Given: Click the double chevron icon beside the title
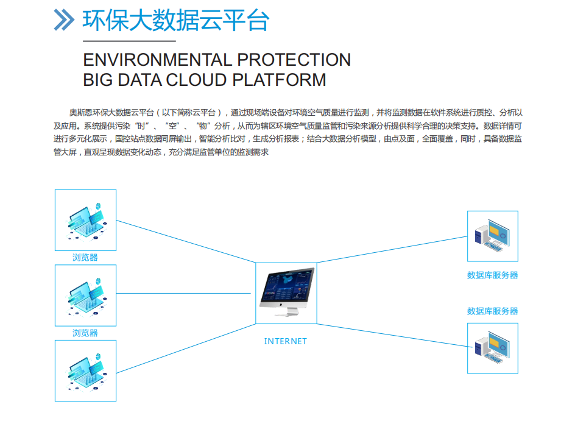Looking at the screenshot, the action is (64, 19).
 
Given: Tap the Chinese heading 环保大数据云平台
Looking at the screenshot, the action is (176, 20).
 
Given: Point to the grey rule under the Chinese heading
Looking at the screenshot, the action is (130, 41).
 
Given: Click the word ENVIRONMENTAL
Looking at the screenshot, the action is (157, 60).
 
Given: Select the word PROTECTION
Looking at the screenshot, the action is (294, 60).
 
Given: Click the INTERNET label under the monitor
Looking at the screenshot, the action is (285, 341).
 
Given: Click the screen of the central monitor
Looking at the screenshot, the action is (287, 286).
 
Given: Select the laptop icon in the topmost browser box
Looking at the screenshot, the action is (86, 221).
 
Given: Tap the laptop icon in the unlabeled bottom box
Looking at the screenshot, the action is (86, 372).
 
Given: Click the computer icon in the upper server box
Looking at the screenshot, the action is (492, 235).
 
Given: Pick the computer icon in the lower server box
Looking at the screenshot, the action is (492, 348).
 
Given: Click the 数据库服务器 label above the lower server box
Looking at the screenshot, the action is (493, 311).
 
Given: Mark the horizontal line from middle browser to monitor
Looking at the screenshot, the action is (183, 293).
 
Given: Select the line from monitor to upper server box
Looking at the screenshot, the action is (392, 249).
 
